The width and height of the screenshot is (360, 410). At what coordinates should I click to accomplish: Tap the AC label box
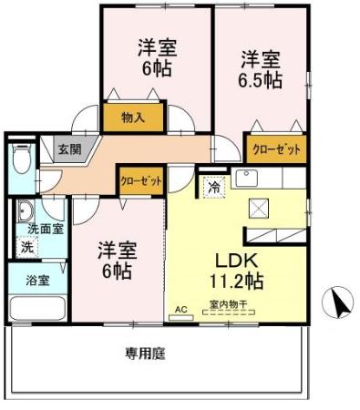[x=180, y=310]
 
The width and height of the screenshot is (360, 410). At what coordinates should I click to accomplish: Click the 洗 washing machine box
[x=26, y=246]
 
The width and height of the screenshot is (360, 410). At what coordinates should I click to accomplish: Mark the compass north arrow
[x=339, y=302]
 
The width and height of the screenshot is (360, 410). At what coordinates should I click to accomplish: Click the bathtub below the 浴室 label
[x=36, y=307]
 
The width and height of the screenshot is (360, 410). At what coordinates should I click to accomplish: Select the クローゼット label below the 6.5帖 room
[x=275, y=149]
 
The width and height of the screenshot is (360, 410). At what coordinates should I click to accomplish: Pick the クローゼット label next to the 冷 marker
[x=140, y=181]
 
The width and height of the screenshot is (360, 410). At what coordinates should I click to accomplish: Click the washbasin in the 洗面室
[x=25, y=209]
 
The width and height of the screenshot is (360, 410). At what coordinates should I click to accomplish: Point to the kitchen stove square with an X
[x=259, y=209]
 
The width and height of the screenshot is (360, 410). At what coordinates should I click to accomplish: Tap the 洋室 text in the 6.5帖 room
[x=261, y=59]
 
